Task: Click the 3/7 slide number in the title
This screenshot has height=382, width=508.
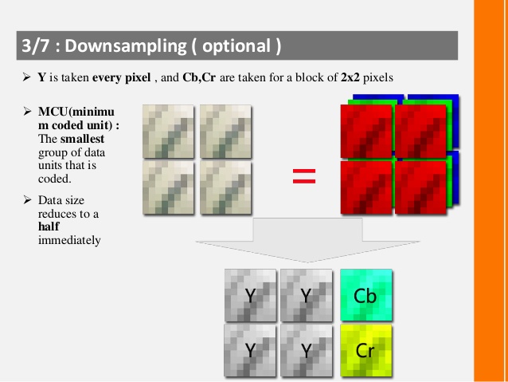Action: [x=37, y=45]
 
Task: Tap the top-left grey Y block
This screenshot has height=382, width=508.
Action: [x=251, y=295]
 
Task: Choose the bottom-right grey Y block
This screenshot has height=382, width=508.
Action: [x=307, y=349]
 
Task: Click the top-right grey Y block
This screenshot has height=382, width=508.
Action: [x=307, y=295]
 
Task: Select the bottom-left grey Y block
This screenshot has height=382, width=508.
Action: [x=251, y=349]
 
